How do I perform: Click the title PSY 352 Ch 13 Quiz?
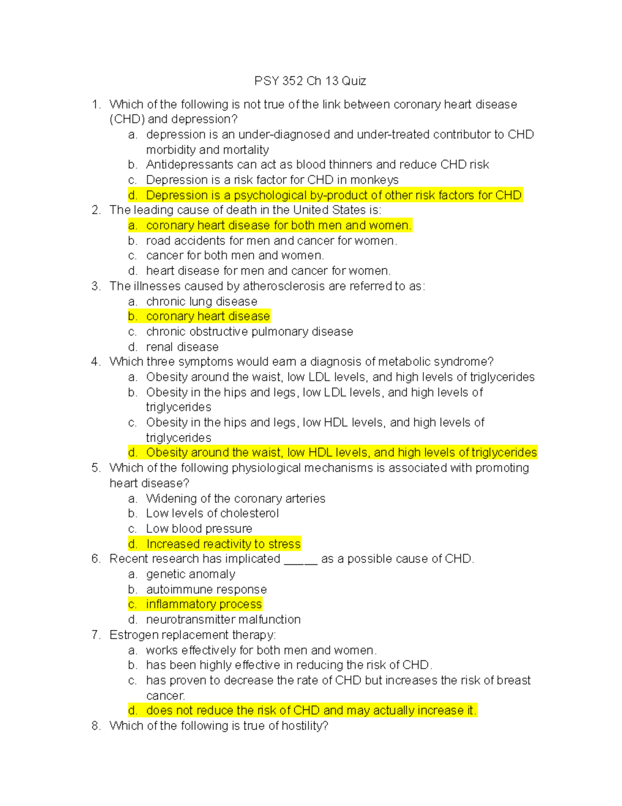310,81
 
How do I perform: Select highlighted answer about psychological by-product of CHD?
333,195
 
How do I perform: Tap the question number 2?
95,210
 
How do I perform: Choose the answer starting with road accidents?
271,241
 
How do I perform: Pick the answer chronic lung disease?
201,302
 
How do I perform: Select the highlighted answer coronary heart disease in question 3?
207,317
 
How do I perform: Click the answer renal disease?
182,347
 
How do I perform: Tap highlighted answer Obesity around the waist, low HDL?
341,453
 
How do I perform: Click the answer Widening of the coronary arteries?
235,499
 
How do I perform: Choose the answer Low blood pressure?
199,529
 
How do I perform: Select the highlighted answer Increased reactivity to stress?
223,544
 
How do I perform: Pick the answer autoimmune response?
206,590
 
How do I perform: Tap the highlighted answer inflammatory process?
203,604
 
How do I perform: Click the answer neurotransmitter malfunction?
223,620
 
